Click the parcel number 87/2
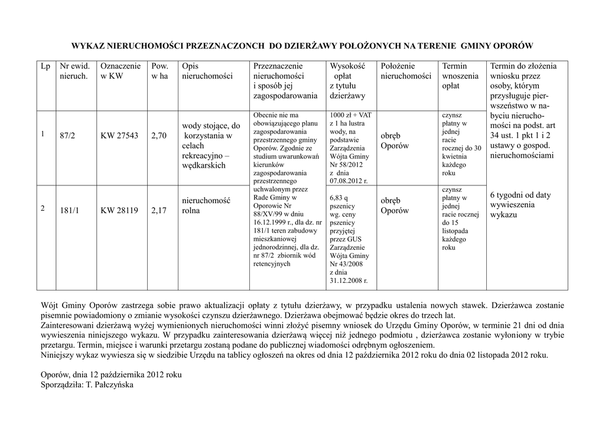click(x=67, y=135)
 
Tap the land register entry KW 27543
click(x=119, y=135)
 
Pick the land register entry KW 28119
click(x=119, y=210)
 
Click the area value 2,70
click(x=159, y=135)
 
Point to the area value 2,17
click(x=159, y=210)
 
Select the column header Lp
click(x=45, y=66)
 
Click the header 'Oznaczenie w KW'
click(x=121, y=71)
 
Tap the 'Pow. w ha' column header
click(x=160, y=71)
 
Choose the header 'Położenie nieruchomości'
click(x=406, y=71)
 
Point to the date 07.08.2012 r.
click(x=349, y=181)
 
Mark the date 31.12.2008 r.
click(x=349, y=280)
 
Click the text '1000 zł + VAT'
click(x=351, y=115)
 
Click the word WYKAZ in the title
click(x=88, y=45)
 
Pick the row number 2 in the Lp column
click(x=43, y=209)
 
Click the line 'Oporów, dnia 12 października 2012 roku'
click(x=111, y=375)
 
